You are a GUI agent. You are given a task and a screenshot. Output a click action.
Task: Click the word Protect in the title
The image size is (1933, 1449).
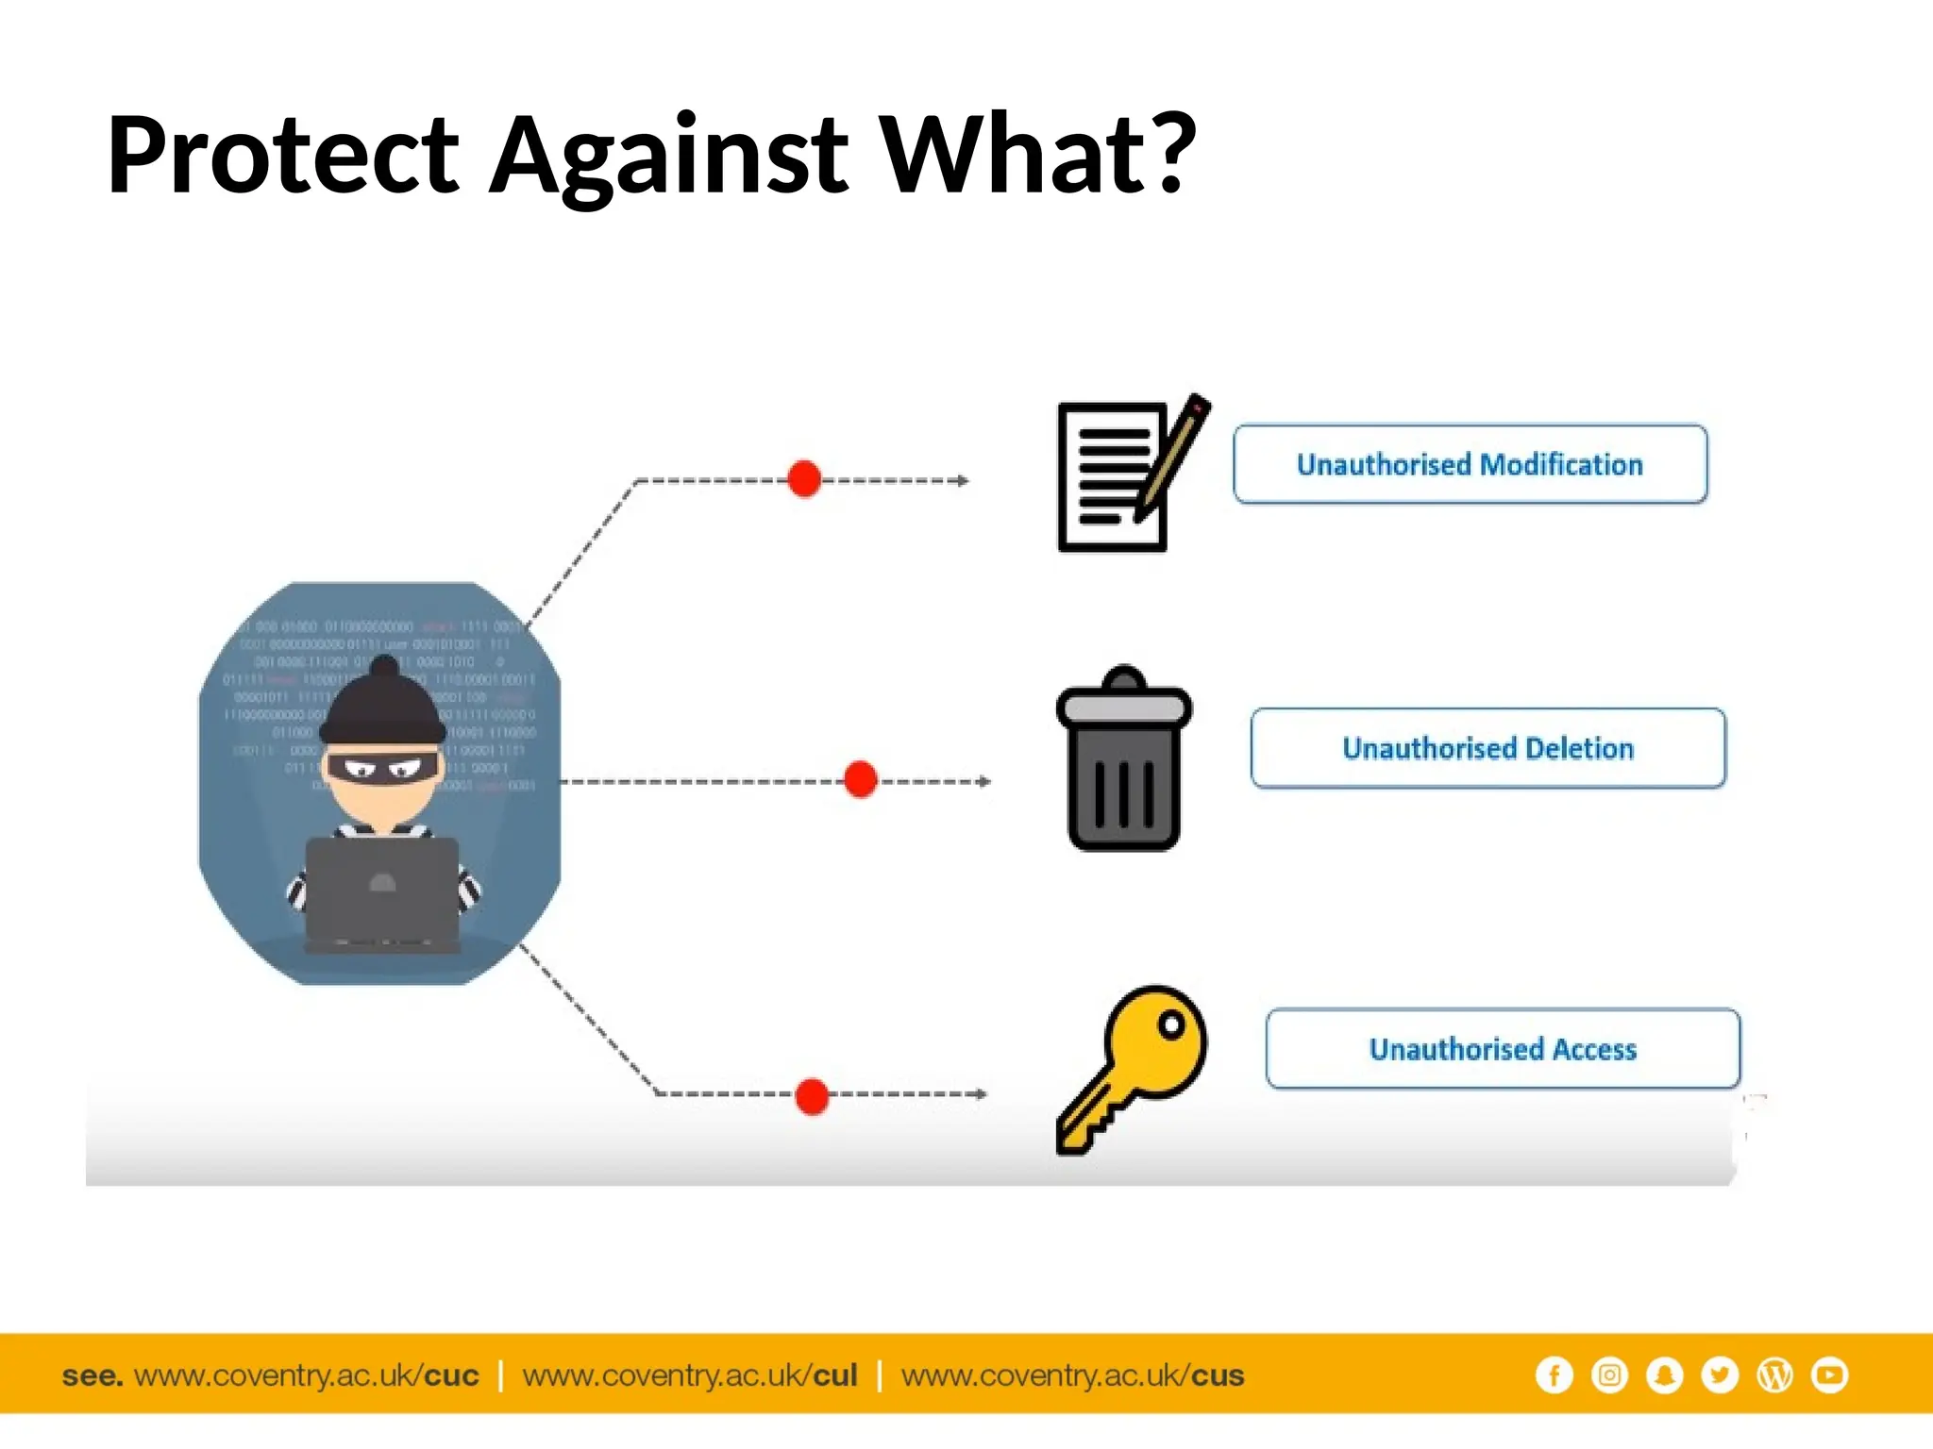coord(283,155)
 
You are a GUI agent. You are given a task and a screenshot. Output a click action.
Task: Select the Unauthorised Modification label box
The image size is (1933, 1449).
coord(1470,464)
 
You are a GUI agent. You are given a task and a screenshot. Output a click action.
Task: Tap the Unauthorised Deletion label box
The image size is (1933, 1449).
coord(1488,748)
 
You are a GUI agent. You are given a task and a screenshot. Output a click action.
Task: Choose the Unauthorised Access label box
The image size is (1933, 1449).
coord(1503,1049)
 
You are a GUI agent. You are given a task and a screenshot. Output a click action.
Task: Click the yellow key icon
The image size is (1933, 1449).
coord(1133,1066)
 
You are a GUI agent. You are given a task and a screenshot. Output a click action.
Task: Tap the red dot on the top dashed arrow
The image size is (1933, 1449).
coord(804,479)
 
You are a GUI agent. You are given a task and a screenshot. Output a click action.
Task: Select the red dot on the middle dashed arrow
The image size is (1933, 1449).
coord(860,780)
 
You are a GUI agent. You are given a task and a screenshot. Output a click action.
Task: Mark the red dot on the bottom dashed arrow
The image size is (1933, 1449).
coord(812,1096)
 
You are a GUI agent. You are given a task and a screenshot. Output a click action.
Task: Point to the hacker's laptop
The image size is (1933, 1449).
coord(382,891)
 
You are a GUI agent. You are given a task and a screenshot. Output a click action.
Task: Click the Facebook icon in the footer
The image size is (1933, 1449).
coord(1554,1375)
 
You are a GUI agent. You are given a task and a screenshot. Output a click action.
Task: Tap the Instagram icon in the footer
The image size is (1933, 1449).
coord(1609,1375)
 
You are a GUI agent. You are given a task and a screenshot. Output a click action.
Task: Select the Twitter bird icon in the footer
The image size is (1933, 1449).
coord(1720,1375)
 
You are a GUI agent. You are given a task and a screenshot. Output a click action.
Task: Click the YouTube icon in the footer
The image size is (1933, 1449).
coord(1829,1375)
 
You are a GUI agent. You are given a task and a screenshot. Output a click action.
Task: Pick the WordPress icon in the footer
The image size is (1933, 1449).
coord(1774,1375)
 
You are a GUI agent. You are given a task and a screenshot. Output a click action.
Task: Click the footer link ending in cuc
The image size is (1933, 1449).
coord(306,1376)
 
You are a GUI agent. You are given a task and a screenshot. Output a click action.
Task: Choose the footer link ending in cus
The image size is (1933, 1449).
coord(1072,1376)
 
